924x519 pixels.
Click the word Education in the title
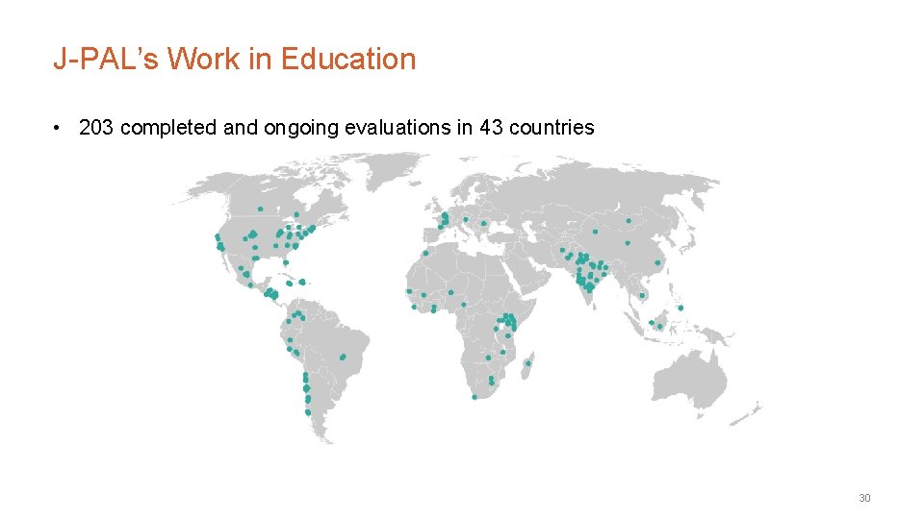click(348, 60)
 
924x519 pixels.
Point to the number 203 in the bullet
click(96, 128)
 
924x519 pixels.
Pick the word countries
click(552, 128)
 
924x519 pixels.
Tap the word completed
click(169, 128)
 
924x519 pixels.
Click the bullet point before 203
click(59, 128)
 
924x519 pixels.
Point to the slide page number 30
click(864, 498)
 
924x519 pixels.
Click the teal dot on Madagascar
click(528, 363)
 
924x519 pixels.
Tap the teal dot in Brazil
click(343, 358)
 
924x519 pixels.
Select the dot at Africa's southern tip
click(475, 397)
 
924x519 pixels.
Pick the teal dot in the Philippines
click(681, 308)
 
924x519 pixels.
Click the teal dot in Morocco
click(424, 253)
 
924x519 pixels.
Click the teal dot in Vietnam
click(642, 295)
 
